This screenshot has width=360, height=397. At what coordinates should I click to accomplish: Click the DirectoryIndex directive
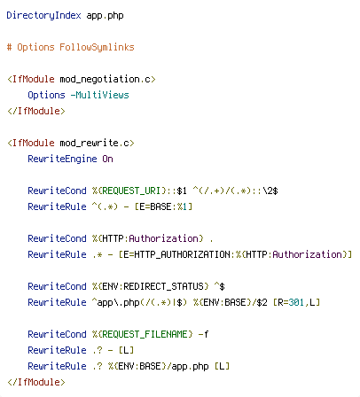43,15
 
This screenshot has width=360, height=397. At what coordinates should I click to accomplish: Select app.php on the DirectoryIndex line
105,16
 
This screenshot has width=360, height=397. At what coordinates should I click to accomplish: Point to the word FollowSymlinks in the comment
97,47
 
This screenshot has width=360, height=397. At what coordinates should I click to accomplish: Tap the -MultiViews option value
100,95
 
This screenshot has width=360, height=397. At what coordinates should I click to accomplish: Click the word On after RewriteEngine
107,159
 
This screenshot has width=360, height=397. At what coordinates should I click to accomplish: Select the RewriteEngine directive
62,159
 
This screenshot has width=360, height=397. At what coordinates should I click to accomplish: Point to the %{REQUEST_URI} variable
129,191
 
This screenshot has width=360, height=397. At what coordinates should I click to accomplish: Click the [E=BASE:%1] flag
163,206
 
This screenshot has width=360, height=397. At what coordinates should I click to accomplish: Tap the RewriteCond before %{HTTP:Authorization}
57,238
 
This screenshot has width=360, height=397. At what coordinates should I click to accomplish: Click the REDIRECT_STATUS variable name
163,286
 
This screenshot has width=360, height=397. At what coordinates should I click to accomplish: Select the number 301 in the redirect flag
296,302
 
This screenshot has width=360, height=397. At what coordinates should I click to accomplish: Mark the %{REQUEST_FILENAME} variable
143,334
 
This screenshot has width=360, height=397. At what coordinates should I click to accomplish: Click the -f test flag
203,334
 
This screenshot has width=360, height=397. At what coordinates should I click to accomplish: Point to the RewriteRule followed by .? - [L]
57,350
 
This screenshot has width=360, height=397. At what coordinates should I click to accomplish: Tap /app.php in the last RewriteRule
188,366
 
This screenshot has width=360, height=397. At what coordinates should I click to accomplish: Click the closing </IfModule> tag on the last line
36,382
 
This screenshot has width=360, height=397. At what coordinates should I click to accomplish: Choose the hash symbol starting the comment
9,47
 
